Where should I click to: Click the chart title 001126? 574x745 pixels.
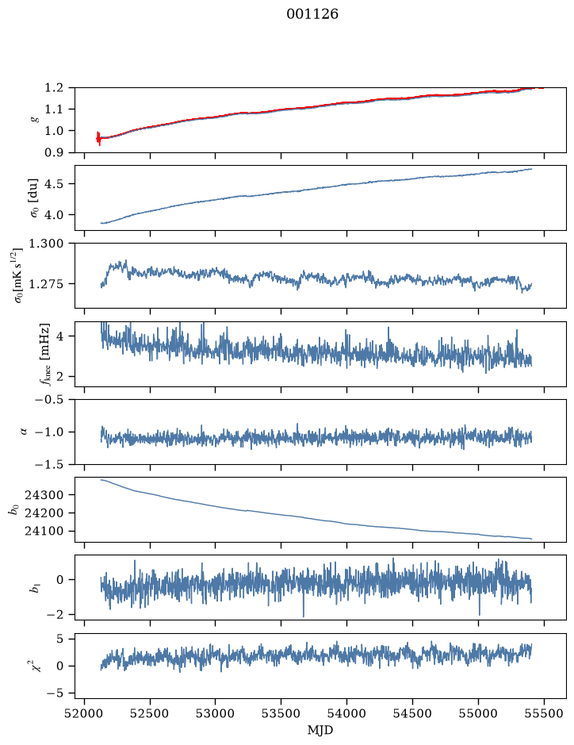[312, 14]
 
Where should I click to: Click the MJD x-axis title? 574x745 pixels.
[320, 730]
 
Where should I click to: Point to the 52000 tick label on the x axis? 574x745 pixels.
[85, 713]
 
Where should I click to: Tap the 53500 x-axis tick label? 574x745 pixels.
[281, 713]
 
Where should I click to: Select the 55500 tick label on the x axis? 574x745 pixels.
[544, 713]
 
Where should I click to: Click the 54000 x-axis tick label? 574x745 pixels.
[346, 713]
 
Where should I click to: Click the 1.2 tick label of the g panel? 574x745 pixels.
[54, 88]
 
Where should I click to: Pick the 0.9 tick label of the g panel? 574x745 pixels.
[54, 152]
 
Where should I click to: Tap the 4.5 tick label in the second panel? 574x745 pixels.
[54, 183]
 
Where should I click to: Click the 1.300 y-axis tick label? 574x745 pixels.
[48, 244]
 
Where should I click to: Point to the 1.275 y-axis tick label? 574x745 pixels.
[48, 284]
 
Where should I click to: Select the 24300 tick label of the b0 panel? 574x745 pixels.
[44, 494]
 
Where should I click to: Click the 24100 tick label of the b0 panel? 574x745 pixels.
[44, 531]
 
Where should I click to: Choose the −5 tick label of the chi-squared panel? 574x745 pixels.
[55, 693]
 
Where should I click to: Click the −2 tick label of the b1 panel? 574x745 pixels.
[55, 614]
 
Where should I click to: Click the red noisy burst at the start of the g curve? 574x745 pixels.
[98, 138]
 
